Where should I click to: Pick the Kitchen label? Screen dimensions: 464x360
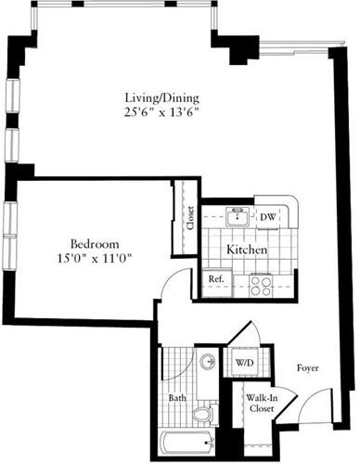[248, 251]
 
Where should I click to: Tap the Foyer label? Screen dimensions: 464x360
[307, 367]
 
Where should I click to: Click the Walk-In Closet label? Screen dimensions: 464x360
[260, 403]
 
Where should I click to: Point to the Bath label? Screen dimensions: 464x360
[177, 401]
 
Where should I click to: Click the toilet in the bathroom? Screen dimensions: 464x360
[209, 411]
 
